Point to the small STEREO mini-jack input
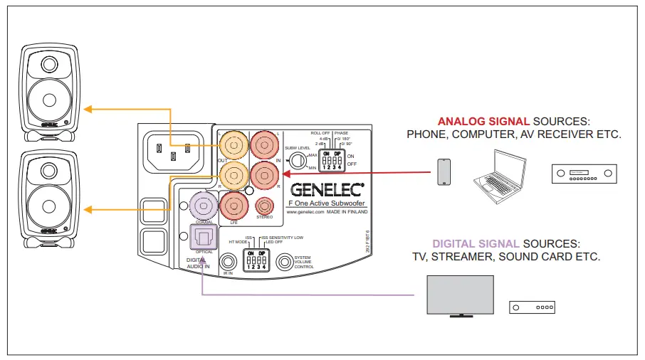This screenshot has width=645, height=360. pos(264,206)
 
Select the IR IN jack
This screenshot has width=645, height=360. pos(228,263)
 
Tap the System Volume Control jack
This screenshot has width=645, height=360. pos(285,262)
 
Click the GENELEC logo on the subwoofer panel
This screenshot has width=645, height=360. pos(327,189)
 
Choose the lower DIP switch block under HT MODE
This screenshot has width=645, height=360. pos(256,261)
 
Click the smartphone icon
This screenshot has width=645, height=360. pos(444,171)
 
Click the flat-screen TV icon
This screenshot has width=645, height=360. pos(459,295)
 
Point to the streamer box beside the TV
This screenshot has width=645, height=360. pos(531,307)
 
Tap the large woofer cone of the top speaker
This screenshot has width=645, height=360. pos(48,98)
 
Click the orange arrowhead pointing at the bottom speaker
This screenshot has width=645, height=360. pos(87,210)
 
